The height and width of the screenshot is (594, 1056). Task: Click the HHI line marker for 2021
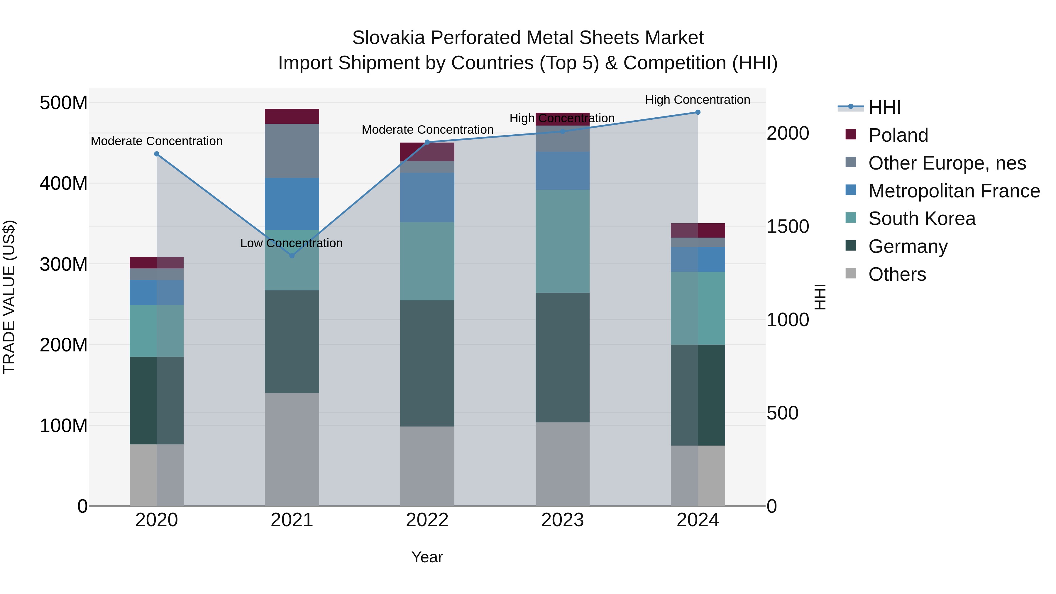click(x=292, y=256)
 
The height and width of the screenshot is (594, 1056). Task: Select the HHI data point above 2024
click(x=698, y=112)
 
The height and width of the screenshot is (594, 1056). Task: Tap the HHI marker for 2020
click(x=157, y=154)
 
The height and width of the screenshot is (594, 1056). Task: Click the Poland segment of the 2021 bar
click(x=292, y=116)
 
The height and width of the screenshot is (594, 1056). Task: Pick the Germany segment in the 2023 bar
click(x=562, y=358)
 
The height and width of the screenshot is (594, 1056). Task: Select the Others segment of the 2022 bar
click(x=427, y=466)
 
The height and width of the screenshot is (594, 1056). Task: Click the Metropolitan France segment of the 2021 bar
click(x=292, y=204)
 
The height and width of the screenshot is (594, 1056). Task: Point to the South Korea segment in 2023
click(x=562, y=241)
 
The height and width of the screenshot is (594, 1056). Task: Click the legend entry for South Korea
click(x=922, y=219)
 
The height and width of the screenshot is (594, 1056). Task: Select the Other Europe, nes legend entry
click(x=947, y=163)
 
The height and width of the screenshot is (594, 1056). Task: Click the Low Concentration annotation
click(x=292, y=243)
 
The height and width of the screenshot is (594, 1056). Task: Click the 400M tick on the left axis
click(x=64, y=183)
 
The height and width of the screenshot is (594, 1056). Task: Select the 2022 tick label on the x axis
click(x=427, y=520)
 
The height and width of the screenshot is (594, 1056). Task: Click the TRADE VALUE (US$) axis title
click(x=9, y=297)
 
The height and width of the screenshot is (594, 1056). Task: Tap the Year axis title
click(x=427, y=557)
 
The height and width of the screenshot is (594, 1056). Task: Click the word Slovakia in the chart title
click(x=388, y=38)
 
